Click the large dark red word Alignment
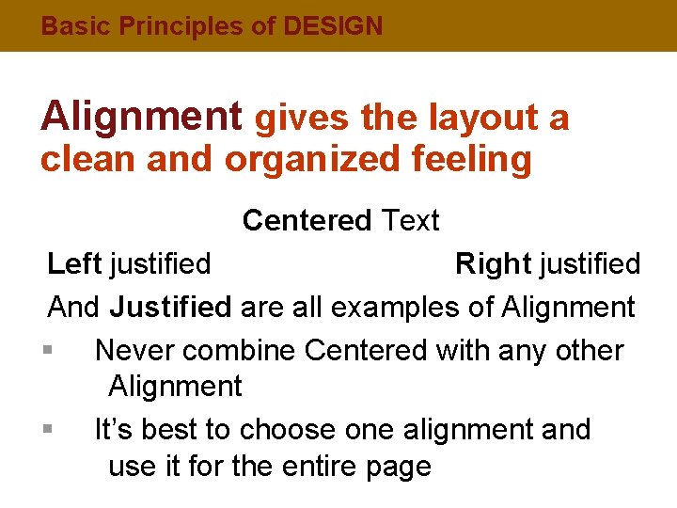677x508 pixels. pyautogui.click(x=141, y=117)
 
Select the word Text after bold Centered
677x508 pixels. pyautogui.click(x=411, y=220)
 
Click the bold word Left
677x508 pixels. pyautogui.click(x=75, y=264)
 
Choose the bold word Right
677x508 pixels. pyautogui.click(x=494, y=264)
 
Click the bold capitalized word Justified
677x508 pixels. pyautogui.click(x=170, y=308)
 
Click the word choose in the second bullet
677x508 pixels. pyautogui.click(x=288, y=430)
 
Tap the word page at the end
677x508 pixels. pyautogui.click(x=396, y=468)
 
